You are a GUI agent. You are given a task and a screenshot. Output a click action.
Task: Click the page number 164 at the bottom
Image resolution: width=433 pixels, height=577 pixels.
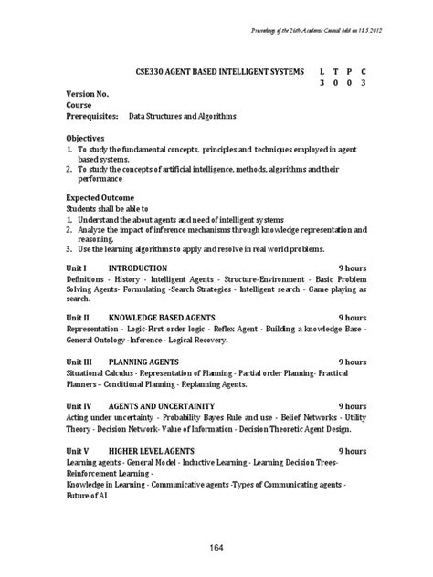[x=217, y=547]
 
